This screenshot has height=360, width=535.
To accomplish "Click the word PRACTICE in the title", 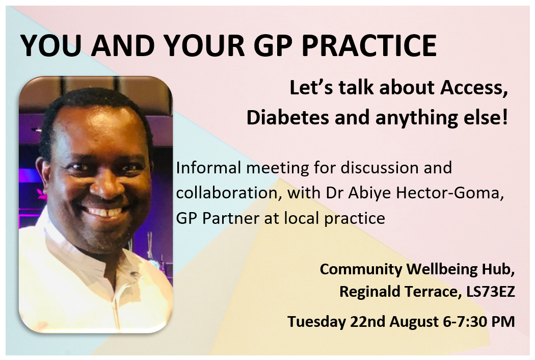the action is pyautogui.click(x=369, y=45).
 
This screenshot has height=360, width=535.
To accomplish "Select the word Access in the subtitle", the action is pyautogui.click(x=472, y=88).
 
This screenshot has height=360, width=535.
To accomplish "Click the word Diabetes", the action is pyautogui.click(x=288, y=117).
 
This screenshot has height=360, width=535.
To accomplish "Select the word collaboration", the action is pyautogui.click(x=229, y=193).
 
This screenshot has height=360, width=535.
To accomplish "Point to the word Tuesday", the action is pyautogui.click(x=316, y=322).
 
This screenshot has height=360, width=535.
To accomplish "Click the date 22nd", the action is pyautogui.click(x=367, y=322).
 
